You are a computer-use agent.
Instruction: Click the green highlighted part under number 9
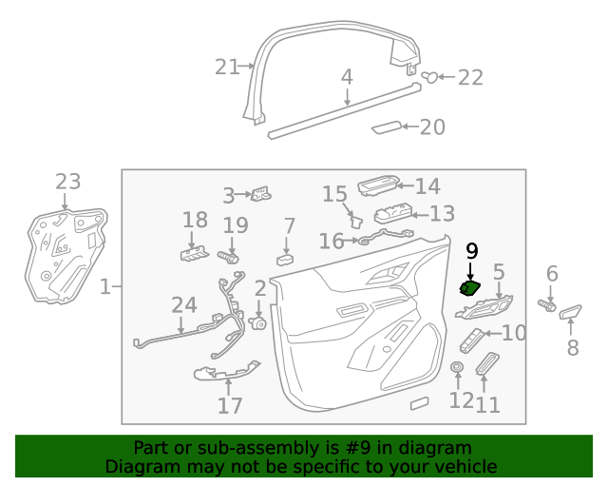(469, 290)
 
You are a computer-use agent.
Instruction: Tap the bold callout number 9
(470, 251)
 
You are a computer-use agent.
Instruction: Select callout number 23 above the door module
(67, 182)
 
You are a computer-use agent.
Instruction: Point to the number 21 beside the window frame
(227, 67)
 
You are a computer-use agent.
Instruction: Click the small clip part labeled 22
(430, 77)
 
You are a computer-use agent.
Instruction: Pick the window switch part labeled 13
(390, 216)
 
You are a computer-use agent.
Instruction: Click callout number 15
(334, 194)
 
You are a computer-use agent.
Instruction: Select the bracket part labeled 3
(261, 194)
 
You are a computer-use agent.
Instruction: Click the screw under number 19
(229, 257)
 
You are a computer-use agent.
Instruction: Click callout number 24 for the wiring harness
(183, 304)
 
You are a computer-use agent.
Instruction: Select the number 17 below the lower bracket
(230, 406)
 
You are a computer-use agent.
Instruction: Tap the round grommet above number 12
(457, 368)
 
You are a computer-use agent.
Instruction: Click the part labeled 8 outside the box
(571, 312)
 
